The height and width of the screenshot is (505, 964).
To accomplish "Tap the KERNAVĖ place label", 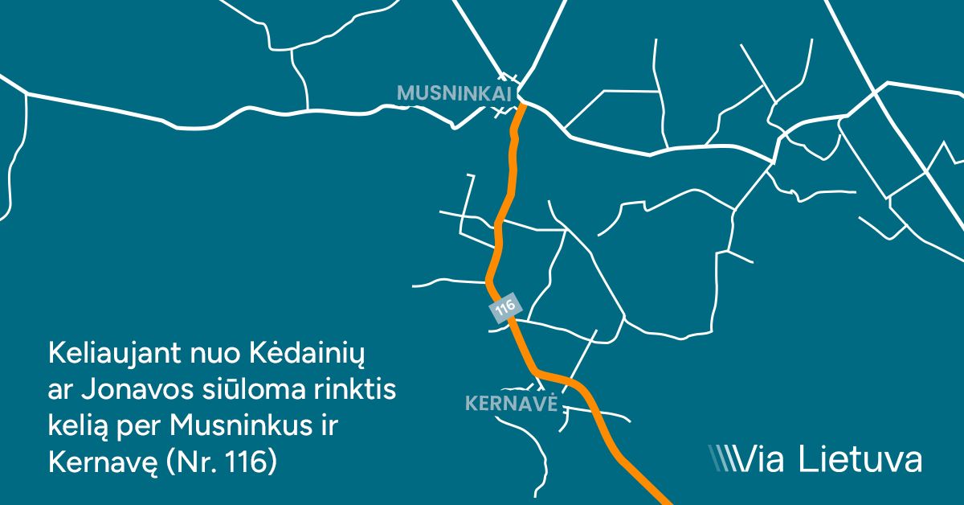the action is click(511, 402).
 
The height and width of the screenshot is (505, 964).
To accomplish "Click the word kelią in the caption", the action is click(77, 425).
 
